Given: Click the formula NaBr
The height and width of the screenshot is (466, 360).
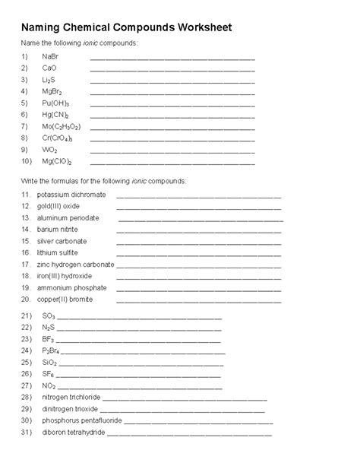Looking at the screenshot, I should pos(51,57).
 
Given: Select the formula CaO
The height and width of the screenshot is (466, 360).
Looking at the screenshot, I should pos(50,68).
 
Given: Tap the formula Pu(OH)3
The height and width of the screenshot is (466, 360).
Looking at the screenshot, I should pos(56,103).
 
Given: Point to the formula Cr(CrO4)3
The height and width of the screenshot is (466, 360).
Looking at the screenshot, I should pos(58,138).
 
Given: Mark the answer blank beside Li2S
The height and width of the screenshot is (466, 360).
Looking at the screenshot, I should pos(172,81).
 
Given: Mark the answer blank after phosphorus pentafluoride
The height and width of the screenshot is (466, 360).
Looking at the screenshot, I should pos(198,422).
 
